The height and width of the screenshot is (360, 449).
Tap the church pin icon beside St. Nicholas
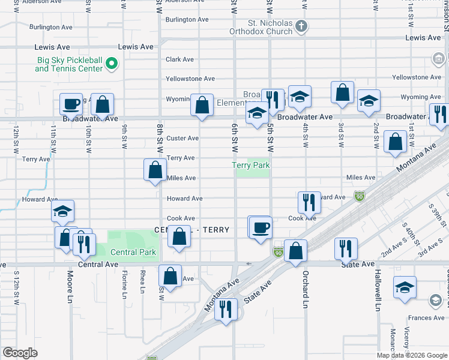coord(302,26)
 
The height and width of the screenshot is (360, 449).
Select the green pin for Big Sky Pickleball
coord(112,64)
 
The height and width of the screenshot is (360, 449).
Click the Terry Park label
coord(252,165)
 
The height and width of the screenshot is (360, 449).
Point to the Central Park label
coord(133,252)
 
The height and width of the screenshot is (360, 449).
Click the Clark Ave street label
coord(179,59)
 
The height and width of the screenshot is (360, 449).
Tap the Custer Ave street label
coord(182,138)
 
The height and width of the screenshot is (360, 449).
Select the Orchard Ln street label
coord(306,284)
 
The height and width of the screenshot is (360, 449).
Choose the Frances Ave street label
coord(426,318)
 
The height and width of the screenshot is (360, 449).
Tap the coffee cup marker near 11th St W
coord(71,104)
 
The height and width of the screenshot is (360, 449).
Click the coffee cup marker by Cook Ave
coord(259,228)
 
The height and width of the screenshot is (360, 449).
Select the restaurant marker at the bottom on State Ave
coord(226,310)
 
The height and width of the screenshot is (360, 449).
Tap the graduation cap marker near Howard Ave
coord(62,211)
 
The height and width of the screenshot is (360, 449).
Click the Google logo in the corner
coord(20,353)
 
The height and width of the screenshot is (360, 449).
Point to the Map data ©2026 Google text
coord(411,355)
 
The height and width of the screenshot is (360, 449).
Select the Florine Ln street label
coord(125,284)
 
